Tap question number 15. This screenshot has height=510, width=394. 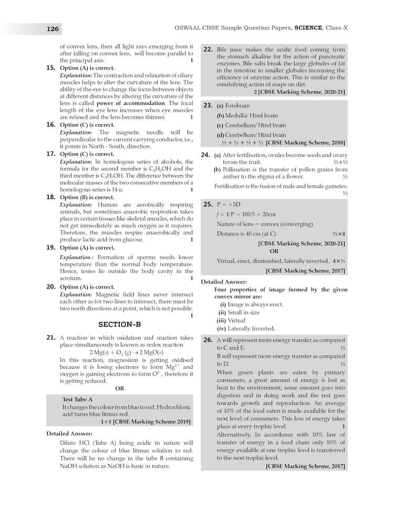coord(51,68)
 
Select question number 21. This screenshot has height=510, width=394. coord(51,337)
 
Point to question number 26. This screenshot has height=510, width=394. coord(208,340)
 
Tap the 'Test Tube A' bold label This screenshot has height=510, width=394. coord(78,399)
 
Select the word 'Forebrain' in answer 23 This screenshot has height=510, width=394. coord(237,106)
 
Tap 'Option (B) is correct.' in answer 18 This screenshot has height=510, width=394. coord(87,197)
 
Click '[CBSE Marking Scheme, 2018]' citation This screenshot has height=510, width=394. coord(305,142)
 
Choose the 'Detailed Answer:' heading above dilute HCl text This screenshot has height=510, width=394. coord(69,433)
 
